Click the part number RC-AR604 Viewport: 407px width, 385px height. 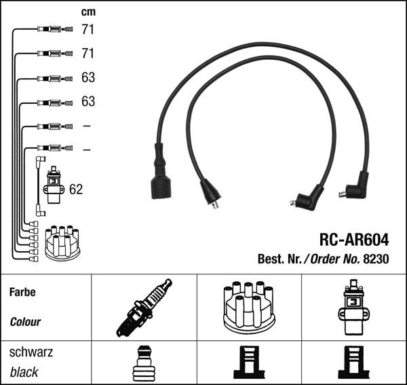[x=354, y=240]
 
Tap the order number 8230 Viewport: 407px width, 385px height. [x=376, y=259]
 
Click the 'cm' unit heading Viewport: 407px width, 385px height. [x=88, y=12]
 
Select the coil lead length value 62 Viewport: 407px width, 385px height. [x=76, y=189]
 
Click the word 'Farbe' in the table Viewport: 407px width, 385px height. [x=22, y=293]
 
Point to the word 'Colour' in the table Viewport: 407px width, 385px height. [x=25, y=322]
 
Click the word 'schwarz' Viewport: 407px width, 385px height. [x=31, y=352]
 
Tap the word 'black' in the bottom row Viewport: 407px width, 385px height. [x=24, y=372]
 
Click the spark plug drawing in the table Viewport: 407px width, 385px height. [x=143, y=308]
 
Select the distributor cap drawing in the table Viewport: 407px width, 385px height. [x=249, y=307]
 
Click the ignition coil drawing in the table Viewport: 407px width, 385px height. [x=353, y=307]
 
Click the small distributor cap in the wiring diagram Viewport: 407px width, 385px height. [x=62, y=242]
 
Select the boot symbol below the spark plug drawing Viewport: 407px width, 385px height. [x=143, y=363]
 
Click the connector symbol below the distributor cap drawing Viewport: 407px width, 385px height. [x=249, y=363]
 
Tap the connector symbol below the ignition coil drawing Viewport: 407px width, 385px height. [x=353, y=363]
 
